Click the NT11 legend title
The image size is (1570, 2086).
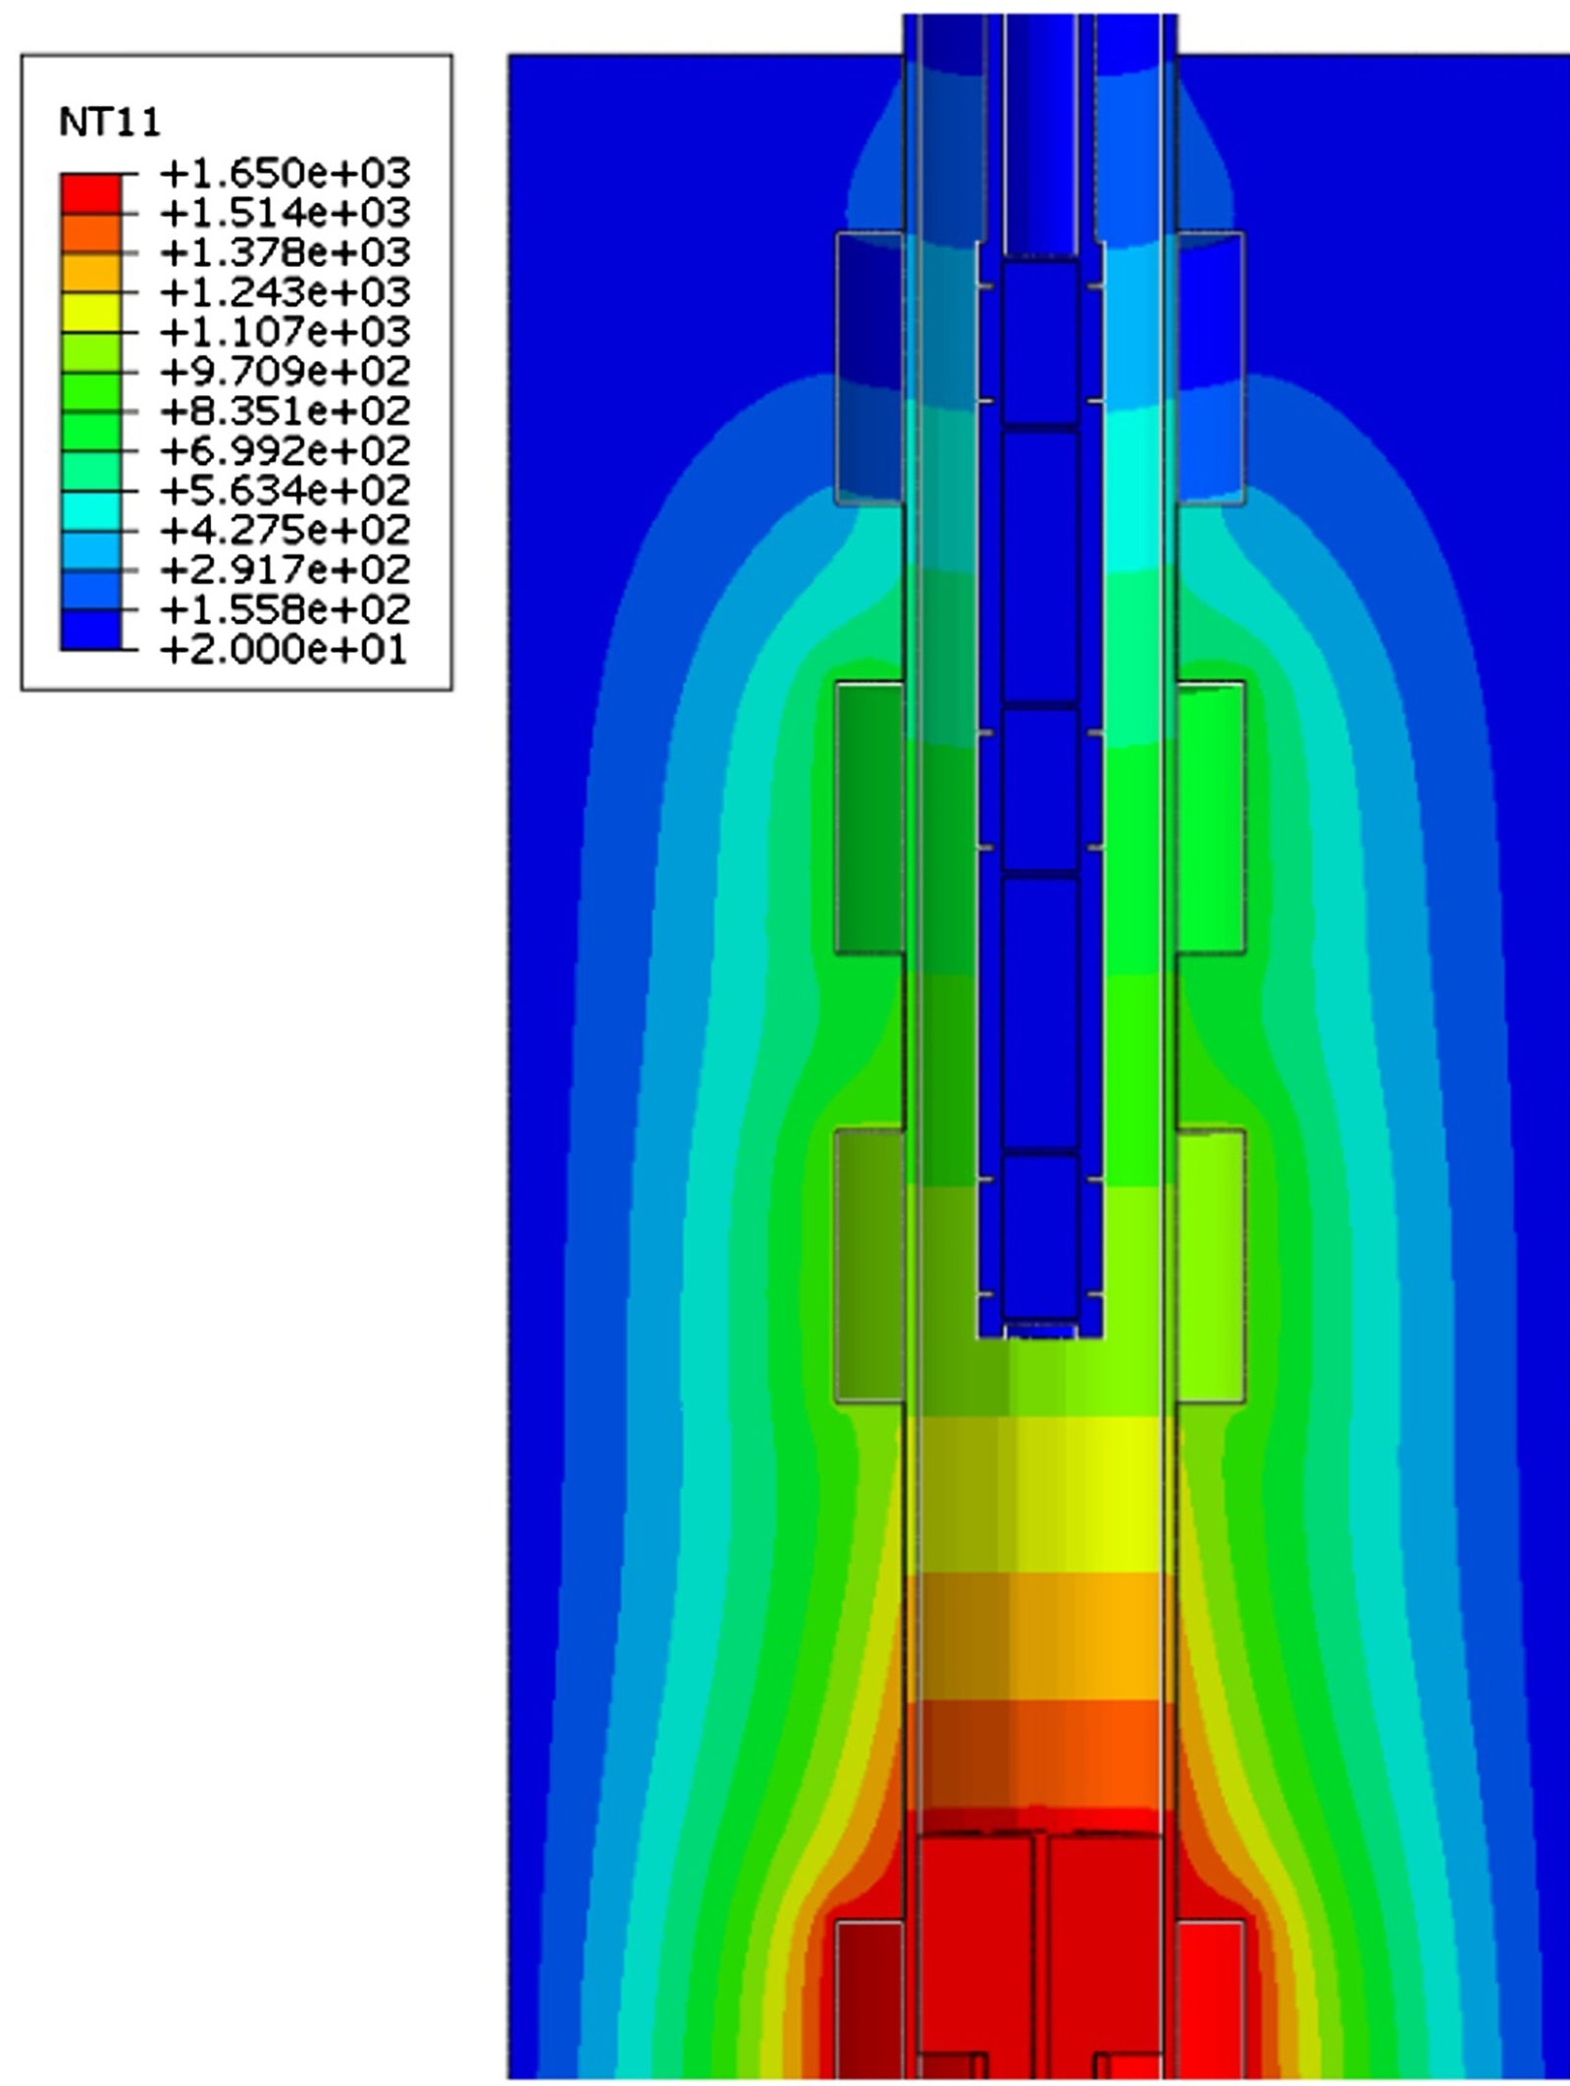110,123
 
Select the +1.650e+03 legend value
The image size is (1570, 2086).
285,174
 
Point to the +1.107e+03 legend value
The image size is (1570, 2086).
285,332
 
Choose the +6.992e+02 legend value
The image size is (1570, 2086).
285,451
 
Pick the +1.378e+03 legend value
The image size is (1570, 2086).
285,253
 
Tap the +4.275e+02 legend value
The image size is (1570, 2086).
285,531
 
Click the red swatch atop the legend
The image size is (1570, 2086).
91,193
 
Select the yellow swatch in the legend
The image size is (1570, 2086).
91,312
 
